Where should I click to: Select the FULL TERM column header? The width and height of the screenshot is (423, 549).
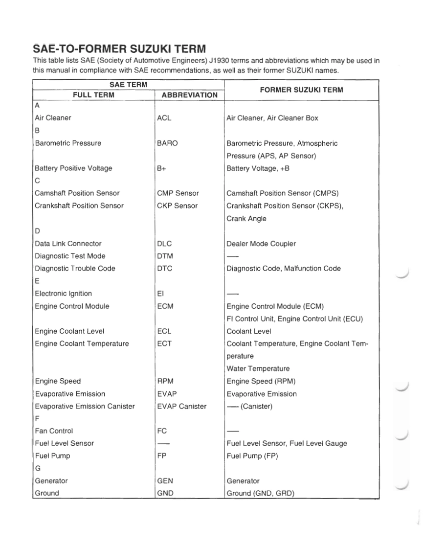tap(93, 95)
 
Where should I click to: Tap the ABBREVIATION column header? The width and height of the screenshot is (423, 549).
tap(189, 95)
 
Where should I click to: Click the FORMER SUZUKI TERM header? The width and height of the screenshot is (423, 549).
tap(301, 90)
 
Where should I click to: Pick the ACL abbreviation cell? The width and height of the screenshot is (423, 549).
tap(164, 118)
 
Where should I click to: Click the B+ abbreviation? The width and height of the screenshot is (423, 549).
tap(162, 168)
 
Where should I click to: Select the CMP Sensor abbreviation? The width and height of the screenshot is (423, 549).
tap(178, 193)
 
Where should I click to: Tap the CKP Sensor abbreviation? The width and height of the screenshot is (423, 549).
tap(178, 206)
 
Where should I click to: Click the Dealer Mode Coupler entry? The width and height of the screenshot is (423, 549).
tap(261, 244)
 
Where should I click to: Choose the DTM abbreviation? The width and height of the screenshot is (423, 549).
tap(165, 256)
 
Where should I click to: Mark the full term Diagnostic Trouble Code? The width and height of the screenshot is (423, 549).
tap(75, 268)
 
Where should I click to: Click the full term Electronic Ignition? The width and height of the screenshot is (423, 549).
tap(63, 294)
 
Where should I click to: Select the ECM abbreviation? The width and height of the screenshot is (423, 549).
tap(165, 306)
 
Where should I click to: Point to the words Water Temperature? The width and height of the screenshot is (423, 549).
tap(258, 368)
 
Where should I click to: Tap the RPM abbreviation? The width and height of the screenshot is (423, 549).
tap(165, 381)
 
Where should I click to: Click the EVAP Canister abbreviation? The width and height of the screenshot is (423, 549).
tap(182, 406)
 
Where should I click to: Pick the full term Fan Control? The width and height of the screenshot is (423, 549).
tap(54, 431)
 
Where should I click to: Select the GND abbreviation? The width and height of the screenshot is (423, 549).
tap(165, 493)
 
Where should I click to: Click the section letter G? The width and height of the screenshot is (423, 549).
tap(37, 468)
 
